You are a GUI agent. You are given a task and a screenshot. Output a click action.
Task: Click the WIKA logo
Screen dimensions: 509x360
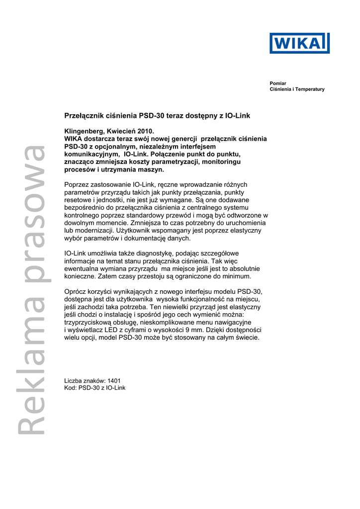(x=299, y=43)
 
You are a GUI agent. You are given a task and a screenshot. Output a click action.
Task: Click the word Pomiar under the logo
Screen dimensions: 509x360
(x=278, y=83)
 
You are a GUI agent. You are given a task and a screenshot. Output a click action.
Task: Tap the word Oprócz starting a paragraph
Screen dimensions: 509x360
(x=77, y=292)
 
